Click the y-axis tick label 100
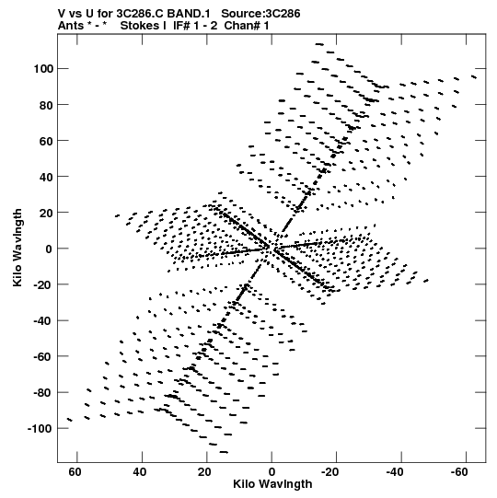coord(43,69)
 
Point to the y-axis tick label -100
coord(40,429)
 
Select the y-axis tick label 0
coord(49,249)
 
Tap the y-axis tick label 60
coord(46,141)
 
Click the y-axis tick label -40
coord(43,320)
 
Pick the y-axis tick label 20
coord(46,213)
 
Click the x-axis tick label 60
coord(75,472)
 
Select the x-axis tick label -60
coord(459,472)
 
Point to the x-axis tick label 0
coord(272,472)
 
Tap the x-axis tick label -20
coord(329,472)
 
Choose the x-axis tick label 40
coord(140,472)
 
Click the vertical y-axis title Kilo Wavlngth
coord(17,248)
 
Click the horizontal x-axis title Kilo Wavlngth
coord(272,484)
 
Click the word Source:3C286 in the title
coord(260,14)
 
